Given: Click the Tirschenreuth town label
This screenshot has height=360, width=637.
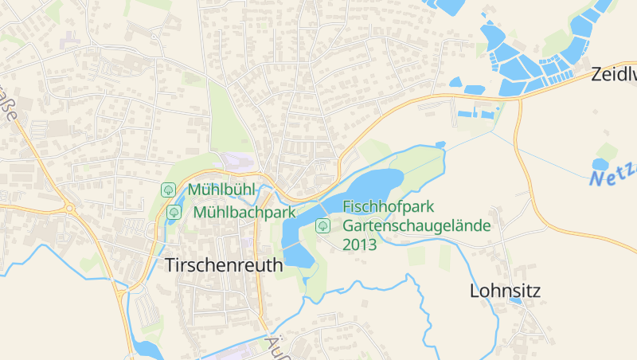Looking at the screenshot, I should coord(224,265).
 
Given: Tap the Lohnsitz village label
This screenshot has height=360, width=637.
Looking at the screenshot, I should coord(505,291).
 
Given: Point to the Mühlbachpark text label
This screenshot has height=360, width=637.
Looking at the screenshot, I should coord(244,212).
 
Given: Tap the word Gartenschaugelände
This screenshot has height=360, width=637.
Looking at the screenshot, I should coord(416,225).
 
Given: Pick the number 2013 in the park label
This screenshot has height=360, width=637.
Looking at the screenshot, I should coord(360,244).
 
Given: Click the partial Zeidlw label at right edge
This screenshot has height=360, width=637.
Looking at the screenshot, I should coord(613,75).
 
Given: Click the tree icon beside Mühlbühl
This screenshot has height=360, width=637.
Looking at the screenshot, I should coord(168,190).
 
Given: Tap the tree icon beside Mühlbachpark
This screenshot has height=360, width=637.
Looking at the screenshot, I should coord(174,212).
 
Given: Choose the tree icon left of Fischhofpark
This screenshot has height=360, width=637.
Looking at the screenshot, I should coord(322,225).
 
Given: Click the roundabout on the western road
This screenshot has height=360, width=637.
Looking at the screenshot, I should coord(68,209).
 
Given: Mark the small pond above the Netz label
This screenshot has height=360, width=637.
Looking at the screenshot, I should coord(600,164).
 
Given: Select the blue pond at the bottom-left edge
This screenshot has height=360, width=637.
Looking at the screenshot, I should coord(147,347).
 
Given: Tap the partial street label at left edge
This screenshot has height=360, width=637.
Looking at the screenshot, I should coord(10,104).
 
